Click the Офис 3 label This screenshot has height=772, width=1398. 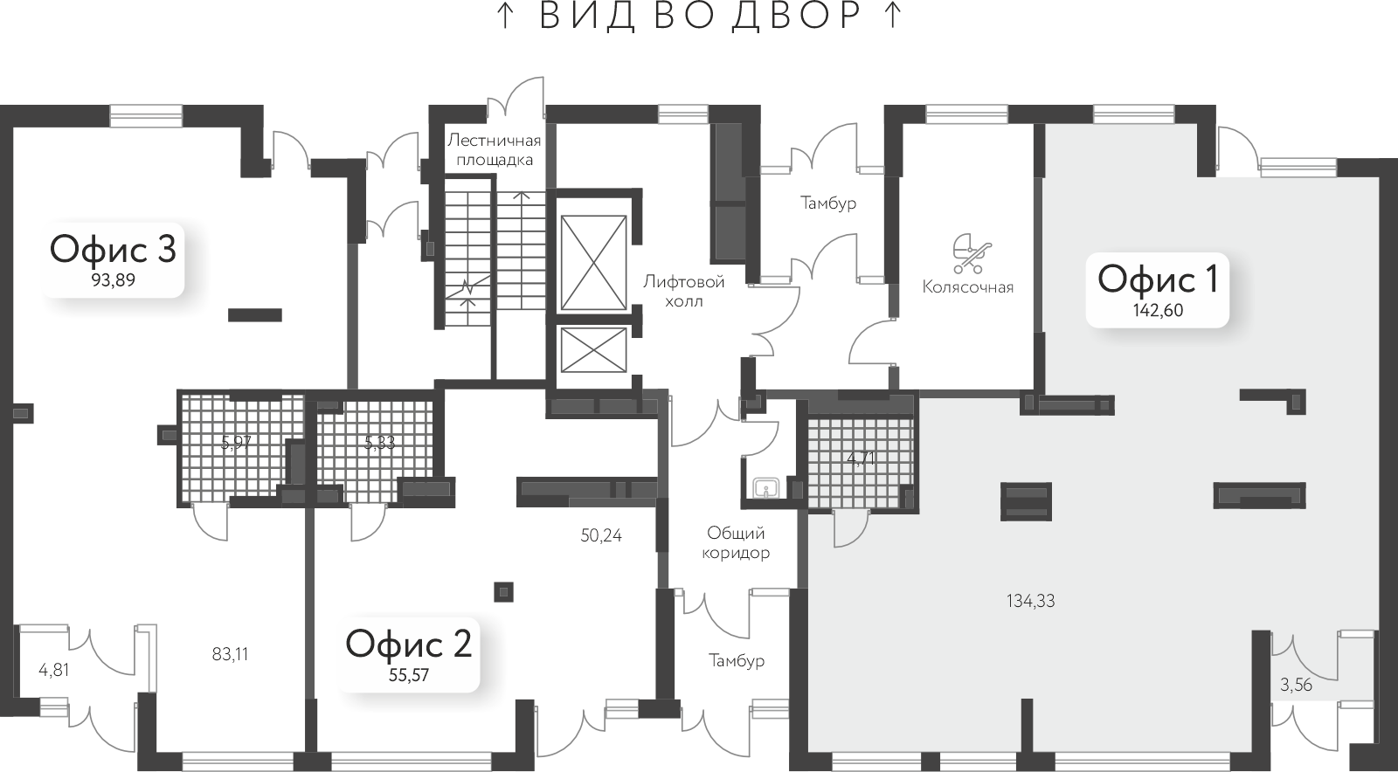113,250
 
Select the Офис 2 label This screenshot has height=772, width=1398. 409,644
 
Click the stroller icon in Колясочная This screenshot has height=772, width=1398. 972,254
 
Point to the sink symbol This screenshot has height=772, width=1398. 765,487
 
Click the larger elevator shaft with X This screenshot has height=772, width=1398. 593,263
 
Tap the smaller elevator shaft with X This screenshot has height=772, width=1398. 593,350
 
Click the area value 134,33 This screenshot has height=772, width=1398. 1030,601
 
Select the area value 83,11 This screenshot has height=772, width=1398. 231,654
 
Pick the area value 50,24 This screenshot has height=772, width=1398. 601,535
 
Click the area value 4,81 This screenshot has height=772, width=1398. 53,671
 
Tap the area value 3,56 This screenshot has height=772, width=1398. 1297,686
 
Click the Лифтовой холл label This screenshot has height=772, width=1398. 684,292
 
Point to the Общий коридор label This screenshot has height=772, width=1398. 736,542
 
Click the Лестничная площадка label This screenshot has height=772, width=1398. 495,149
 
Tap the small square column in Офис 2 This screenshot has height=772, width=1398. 503,592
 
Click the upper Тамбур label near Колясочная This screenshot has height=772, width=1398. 828,203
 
